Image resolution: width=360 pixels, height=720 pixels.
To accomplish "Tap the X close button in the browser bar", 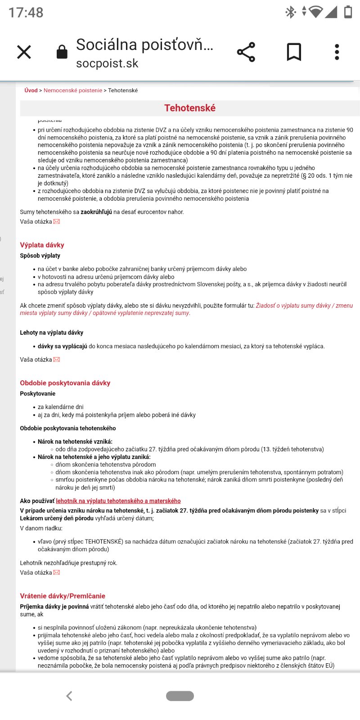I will (x=24, y=52).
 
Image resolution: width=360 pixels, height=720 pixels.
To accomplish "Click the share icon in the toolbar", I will (x=246, y=52).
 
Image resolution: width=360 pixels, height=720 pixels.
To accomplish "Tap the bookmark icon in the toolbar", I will (x=294, y=52).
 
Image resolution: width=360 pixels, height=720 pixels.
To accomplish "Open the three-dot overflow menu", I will (x=337, y=52).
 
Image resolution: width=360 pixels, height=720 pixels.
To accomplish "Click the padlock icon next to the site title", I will (x=62, y=52).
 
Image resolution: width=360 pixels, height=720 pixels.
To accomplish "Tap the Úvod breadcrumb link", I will (x=31, y=90).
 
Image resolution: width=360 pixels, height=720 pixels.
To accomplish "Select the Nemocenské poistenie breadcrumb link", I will (x=73, y=90).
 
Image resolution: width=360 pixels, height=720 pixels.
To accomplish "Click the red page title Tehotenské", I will (x=190, y=108).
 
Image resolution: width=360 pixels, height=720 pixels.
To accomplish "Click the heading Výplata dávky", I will (x=42, y=245).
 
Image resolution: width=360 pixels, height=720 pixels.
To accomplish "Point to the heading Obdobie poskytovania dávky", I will (x=65, y=383).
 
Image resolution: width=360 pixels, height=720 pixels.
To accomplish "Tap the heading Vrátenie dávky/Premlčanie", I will (x=63, y=596).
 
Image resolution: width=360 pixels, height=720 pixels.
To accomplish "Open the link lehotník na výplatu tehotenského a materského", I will (x=118, y=501).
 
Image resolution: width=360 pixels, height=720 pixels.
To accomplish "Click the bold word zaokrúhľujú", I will (x=96, y=212).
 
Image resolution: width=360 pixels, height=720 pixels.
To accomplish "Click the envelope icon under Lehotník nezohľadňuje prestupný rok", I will (x=57, y=572).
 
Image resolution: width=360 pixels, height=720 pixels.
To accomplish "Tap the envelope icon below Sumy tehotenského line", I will (x=57, y=221).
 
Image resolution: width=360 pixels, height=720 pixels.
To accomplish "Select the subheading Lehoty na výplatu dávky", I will (x=51, y=333).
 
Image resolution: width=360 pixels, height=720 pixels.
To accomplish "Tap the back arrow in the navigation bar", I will (x=69, y=696).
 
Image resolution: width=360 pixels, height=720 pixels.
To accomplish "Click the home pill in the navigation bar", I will (x=180, y=696).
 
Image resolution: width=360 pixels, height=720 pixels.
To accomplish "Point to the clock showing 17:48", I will (x=26, y=12).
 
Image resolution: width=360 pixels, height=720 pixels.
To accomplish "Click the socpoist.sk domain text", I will (x=107, y=63).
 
